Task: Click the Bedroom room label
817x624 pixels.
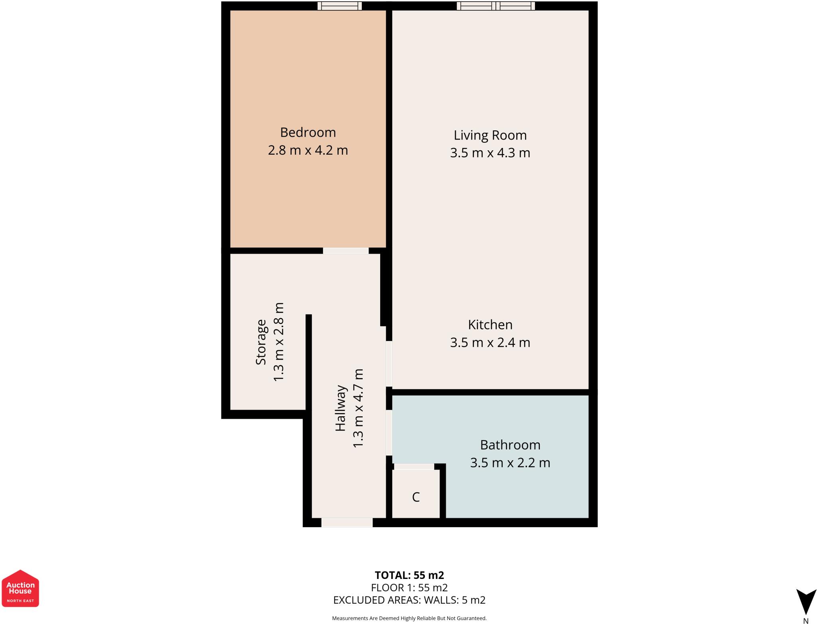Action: (308, 132)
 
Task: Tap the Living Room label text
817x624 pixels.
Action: (490, 135)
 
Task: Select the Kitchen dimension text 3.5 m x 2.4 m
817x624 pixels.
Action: (490, 343)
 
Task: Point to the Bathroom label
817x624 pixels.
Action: (510, 445)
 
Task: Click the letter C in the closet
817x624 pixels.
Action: (416, 497)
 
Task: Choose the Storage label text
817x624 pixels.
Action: (261, 342)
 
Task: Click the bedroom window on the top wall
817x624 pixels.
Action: (339, 6)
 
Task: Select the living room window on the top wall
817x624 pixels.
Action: (495, 6)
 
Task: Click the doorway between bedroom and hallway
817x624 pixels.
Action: (345, 251)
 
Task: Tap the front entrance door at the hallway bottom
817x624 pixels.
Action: (347, 522)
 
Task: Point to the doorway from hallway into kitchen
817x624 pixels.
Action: (389, 364)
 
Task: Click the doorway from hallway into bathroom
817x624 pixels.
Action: (389, 433)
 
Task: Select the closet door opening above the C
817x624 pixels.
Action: (414, 467)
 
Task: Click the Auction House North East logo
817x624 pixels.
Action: (20, 588)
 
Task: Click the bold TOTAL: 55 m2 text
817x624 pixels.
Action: (409, 575)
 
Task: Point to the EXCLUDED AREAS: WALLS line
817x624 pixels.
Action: (409, 600)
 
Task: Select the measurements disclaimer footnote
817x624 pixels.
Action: (409, 618)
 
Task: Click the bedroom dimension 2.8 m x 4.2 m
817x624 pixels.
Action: (308, 150)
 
